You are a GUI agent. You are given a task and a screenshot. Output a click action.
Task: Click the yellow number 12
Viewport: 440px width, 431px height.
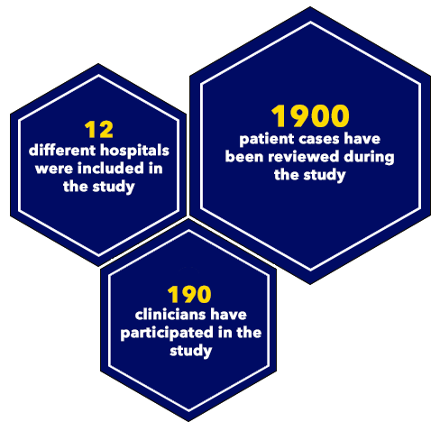point(98,130)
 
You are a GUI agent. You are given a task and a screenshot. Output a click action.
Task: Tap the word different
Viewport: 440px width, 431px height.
point(62,151)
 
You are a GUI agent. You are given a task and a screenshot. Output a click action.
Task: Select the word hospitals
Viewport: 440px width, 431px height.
point(134,151)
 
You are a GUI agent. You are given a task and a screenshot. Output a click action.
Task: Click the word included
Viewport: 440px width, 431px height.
point(111,169)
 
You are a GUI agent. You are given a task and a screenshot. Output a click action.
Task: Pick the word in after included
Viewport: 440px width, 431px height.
point(155,169)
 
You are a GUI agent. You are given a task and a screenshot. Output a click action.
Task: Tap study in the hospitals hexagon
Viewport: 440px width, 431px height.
point(114,187)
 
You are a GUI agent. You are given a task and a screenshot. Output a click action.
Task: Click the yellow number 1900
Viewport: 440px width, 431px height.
point(310,115)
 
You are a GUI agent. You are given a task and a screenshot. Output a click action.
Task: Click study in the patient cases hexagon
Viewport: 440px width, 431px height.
point(325,175)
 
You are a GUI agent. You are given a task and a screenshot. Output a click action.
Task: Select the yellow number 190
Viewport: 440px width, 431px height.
point(189,294)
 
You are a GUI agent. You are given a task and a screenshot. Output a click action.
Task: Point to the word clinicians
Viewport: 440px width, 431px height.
point(170,315)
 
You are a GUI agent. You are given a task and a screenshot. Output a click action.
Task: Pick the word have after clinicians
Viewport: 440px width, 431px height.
point(228,315)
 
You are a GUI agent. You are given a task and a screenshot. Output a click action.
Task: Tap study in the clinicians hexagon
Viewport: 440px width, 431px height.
point(191,351)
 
